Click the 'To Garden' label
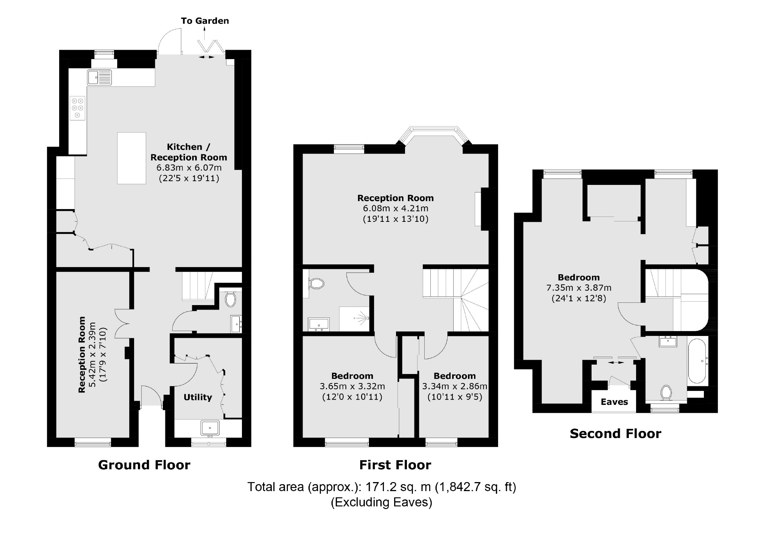(205, 21)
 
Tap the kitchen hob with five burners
(78, 108)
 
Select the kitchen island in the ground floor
(131, 158)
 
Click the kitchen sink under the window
(99, 78)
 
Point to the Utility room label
(198, 397)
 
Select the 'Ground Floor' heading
(144, 465)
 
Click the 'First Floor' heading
(395, 465)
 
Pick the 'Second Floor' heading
(615, 434)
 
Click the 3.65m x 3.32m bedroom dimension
(352, 386)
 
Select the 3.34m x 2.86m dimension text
(454, 386)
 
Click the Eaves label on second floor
(614, 402)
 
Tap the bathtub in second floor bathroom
(698, 361)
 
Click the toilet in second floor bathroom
(666, 393)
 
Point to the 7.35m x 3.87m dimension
(579, 288)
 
